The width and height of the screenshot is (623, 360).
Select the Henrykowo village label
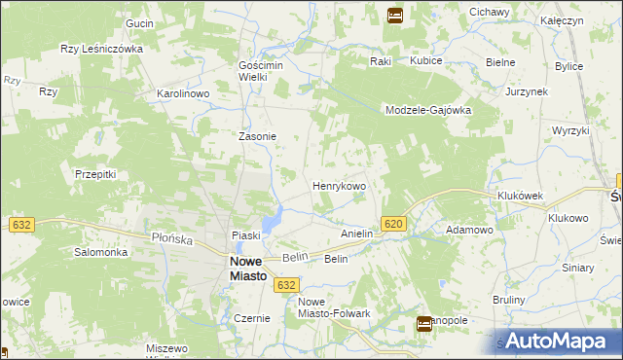coord(339,185)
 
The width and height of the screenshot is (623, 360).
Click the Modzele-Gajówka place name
coord(427,110)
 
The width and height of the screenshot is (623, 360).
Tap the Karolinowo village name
coord(184,94)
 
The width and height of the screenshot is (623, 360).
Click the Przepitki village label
coord(95,174)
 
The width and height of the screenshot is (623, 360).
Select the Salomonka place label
coord(101,252)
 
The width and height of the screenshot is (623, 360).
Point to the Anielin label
coord(357,234)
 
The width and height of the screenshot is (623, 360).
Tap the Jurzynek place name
coord(528,90)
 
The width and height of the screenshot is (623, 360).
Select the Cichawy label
coord(490,12)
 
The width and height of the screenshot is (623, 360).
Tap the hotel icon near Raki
coord(395,15)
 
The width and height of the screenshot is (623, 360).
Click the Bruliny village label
coord(509,300)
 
